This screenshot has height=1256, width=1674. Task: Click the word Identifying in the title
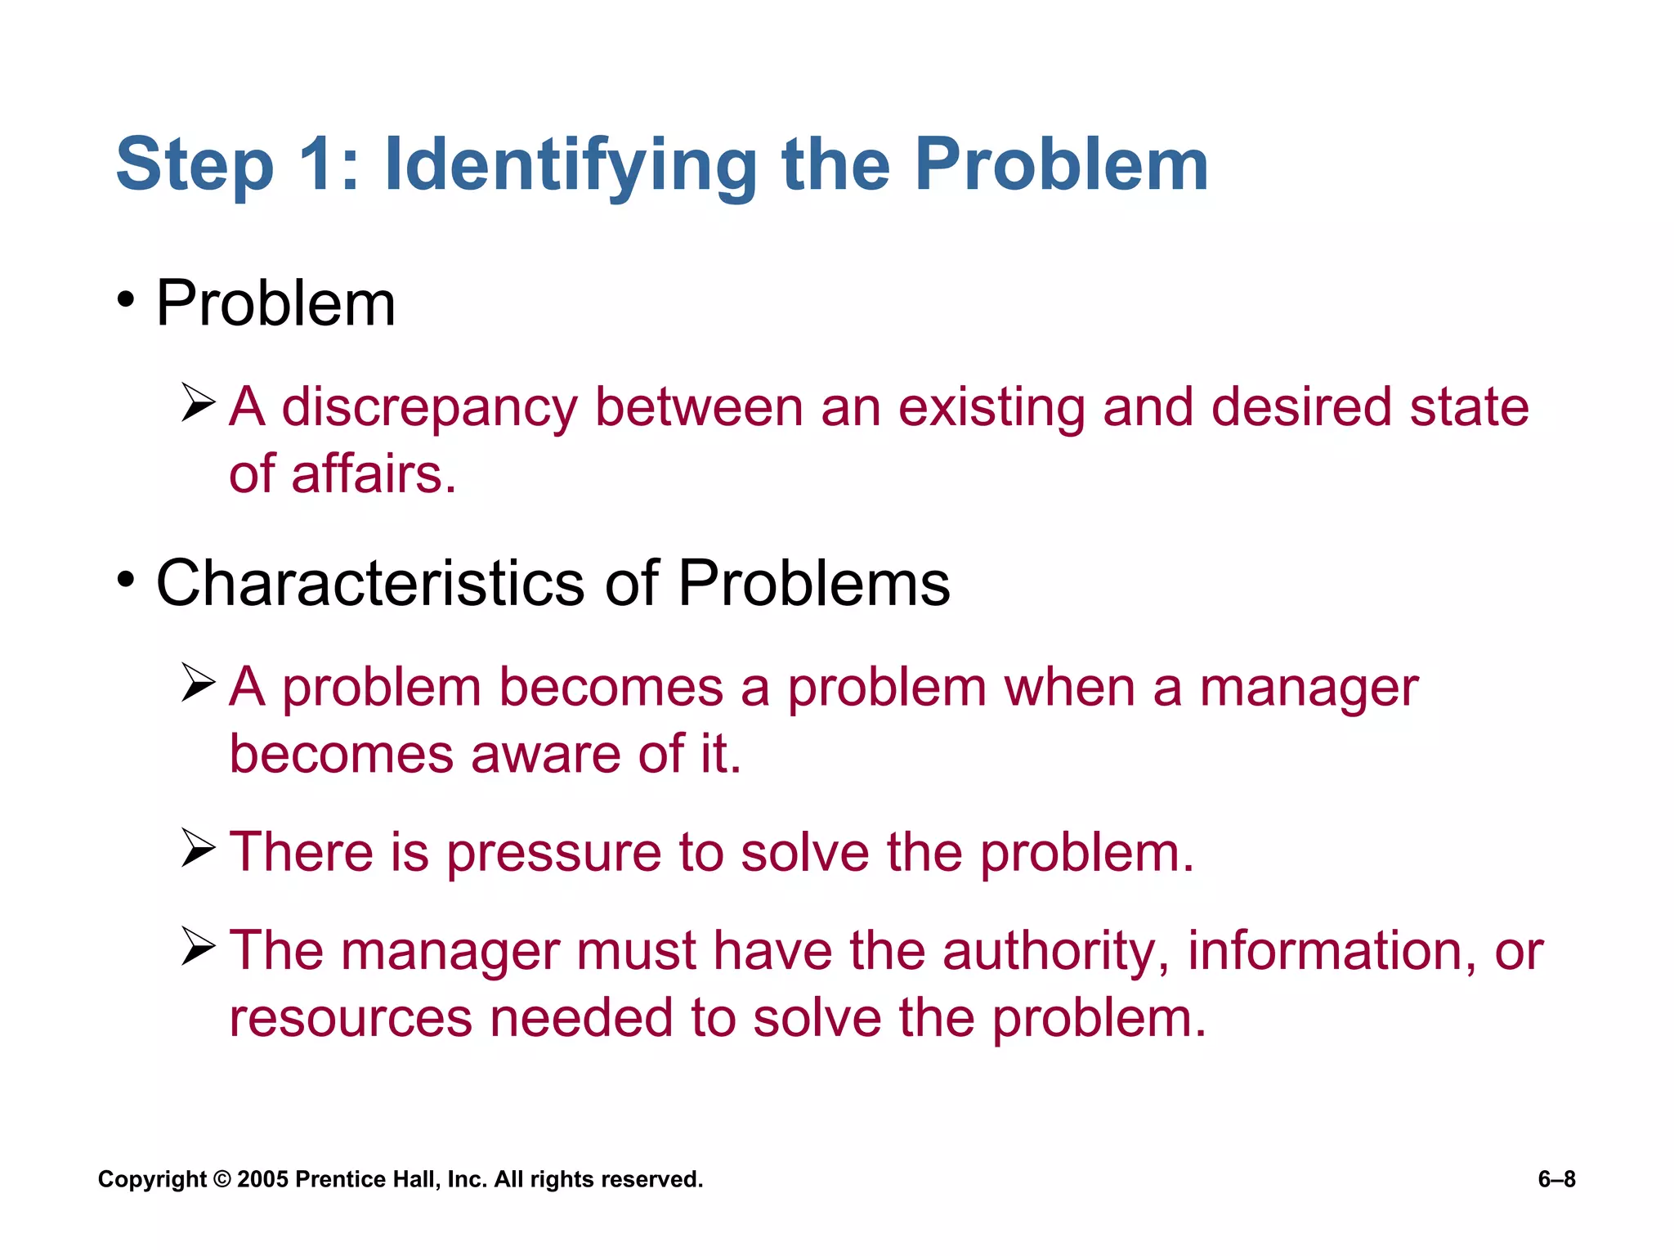(570, 166)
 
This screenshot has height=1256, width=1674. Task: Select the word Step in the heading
(195, 166)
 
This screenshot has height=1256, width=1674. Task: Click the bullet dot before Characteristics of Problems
(125, 580)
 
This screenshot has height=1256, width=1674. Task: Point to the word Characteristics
(370, 583)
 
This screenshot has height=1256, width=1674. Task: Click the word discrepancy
(429, 408)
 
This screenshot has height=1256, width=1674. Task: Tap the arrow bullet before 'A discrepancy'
(198, 402)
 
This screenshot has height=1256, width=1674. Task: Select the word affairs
(373, 474)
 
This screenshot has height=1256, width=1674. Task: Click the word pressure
(553, 854)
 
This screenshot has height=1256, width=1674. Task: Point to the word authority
(1057, 953)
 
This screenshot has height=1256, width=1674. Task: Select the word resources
(351, 1019)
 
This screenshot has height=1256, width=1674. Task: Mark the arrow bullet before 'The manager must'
(198, 947)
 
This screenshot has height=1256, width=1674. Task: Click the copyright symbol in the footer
(222, 1179)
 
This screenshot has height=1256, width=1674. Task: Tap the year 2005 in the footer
(262, 1179)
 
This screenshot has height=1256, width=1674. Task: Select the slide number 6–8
(1556, 1179)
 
